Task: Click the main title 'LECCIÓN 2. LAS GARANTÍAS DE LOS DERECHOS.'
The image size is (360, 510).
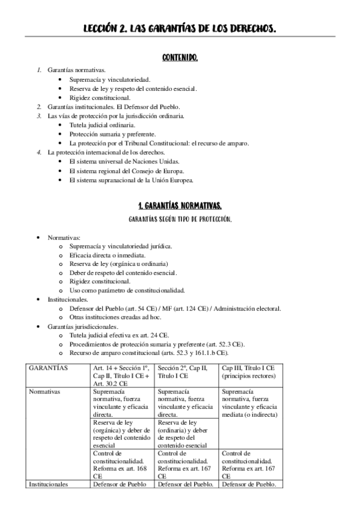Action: [x=180, y=28]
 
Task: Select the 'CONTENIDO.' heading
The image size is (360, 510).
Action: [x=180, y=58]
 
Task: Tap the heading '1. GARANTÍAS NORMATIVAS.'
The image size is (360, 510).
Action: [x=180, y=205]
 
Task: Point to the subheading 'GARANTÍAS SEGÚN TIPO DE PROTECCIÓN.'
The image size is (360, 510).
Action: [x=180, y=220]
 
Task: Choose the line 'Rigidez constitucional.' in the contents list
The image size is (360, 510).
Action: [x=99, y=97]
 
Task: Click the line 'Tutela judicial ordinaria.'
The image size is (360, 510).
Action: [x=102, y=124]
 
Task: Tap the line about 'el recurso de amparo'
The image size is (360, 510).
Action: [x=159, y=143]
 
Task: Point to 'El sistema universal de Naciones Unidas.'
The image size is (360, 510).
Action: [x=124, y=161]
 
